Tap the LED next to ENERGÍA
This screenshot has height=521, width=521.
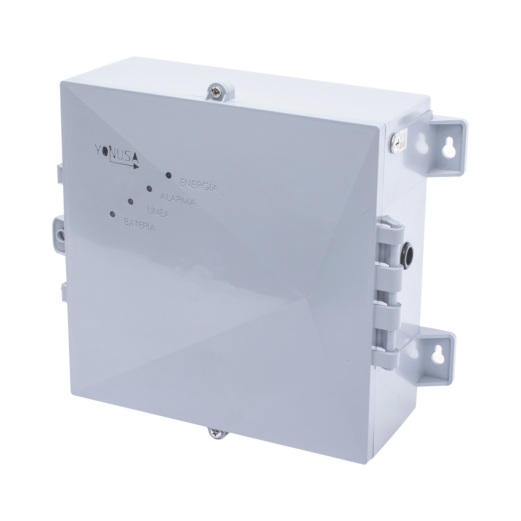coord(168,176)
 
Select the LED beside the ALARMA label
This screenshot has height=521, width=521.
coord(149,189)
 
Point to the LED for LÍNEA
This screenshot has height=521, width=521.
coord(131,202)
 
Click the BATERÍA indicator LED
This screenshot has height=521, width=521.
coord(112,214)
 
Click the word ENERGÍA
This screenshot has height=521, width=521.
coord(198,185)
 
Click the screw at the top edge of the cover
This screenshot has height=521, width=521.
coord(217,93)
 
